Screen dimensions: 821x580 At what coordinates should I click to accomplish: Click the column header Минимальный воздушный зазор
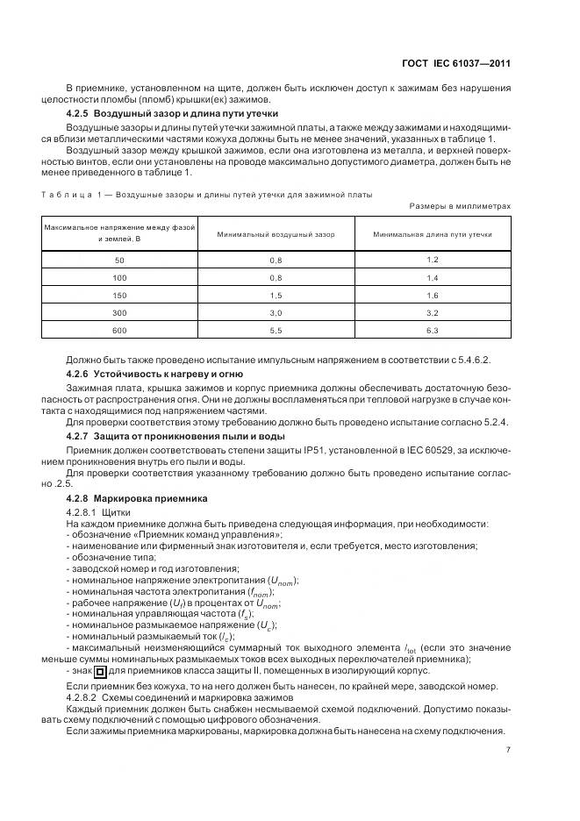(x=275, y=235)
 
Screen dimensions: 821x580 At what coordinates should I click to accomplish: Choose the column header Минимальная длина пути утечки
(x=432, y=235)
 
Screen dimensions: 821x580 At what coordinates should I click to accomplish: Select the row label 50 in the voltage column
(x=119, y=261)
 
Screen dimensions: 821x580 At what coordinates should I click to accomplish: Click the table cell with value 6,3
(x=432, y=331)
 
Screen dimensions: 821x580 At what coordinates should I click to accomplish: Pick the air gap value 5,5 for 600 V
(x=275, y=331)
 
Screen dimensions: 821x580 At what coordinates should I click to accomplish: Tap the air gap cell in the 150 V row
(x=275, y=296)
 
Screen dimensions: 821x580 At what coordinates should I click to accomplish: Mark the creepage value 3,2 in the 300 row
(x=432, y=313)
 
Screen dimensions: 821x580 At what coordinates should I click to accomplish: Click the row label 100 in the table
(x=119, y=278)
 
